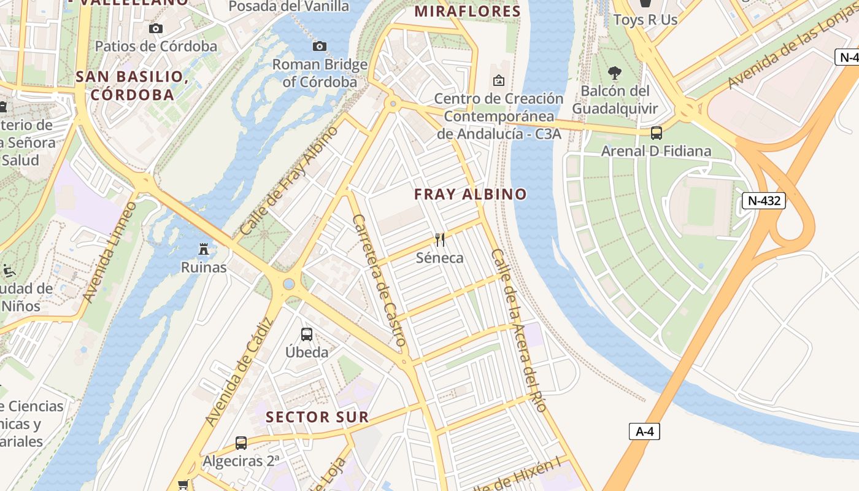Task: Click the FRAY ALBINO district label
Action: pos(470,195)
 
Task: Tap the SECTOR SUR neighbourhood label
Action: pos(317,417)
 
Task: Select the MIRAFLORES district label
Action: pos(468,11)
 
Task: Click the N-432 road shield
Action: pos(763,201)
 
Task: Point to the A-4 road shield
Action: pos(644,431)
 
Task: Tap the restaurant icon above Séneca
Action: pos(440,239)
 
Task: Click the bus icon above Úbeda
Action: pos(307,334)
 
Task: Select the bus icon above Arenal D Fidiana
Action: pos(657,133)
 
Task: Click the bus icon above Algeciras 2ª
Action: pos(241,443)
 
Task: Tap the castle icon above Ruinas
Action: pos(204,249)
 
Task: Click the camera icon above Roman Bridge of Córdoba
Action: pos(319,47)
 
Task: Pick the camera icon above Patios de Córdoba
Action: pos(156,28)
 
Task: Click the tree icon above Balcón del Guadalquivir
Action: pos(614,73)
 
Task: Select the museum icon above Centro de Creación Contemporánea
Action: pos(498,80)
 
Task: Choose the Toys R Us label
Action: pos(645,20)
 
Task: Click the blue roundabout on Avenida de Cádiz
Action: pos(288,284)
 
